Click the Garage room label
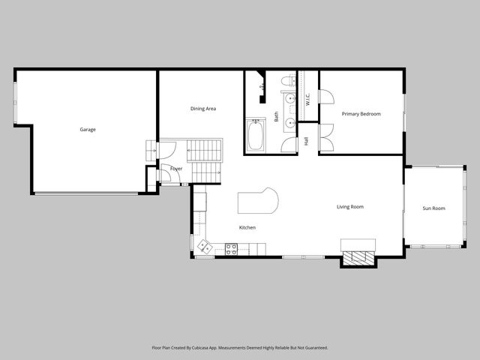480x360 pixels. (88, 130)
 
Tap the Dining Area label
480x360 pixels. (202, 109)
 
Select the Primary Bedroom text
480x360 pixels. (361, 114)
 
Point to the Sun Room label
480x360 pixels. (433, 208)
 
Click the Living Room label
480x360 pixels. (349, 206)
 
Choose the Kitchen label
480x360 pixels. (247, 227)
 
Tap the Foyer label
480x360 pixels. (176, 169)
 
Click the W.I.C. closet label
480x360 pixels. (307, 98)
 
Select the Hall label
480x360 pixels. (307, 141)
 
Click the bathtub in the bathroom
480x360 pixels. (255, 135)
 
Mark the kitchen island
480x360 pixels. (258, 201)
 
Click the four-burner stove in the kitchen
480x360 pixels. (231, 248)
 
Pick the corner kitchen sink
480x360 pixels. (204, 245)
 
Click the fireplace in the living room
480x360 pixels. (358, 258)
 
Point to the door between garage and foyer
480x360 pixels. (151, 151)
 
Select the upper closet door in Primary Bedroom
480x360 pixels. (326, 97)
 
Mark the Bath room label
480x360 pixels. (276, 116)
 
